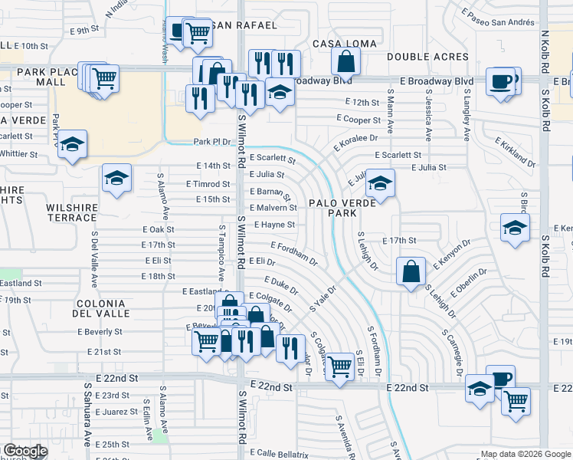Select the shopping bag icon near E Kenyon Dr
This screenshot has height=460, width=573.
tap(411, 271)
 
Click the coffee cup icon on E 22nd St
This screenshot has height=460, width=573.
tap(500, 379)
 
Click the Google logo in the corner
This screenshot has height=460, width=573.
tap(25, 451)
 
